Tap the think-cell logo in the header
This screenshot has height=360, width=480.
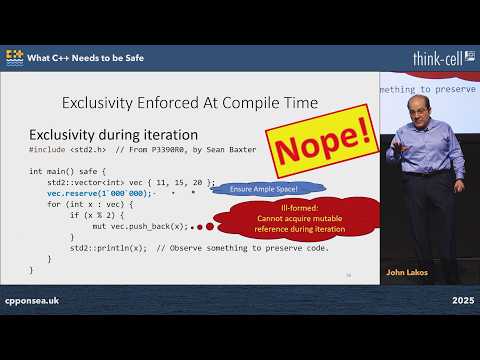click(x=442, y=58)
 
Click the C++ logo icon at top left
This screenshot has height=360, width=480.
click(x=15, y=58)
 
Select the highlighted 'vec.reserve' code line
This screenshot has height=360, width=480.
click(x=100, y=194)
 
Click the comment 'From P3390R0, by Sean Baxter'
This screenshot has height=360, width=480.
click(x=189, y=151)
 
